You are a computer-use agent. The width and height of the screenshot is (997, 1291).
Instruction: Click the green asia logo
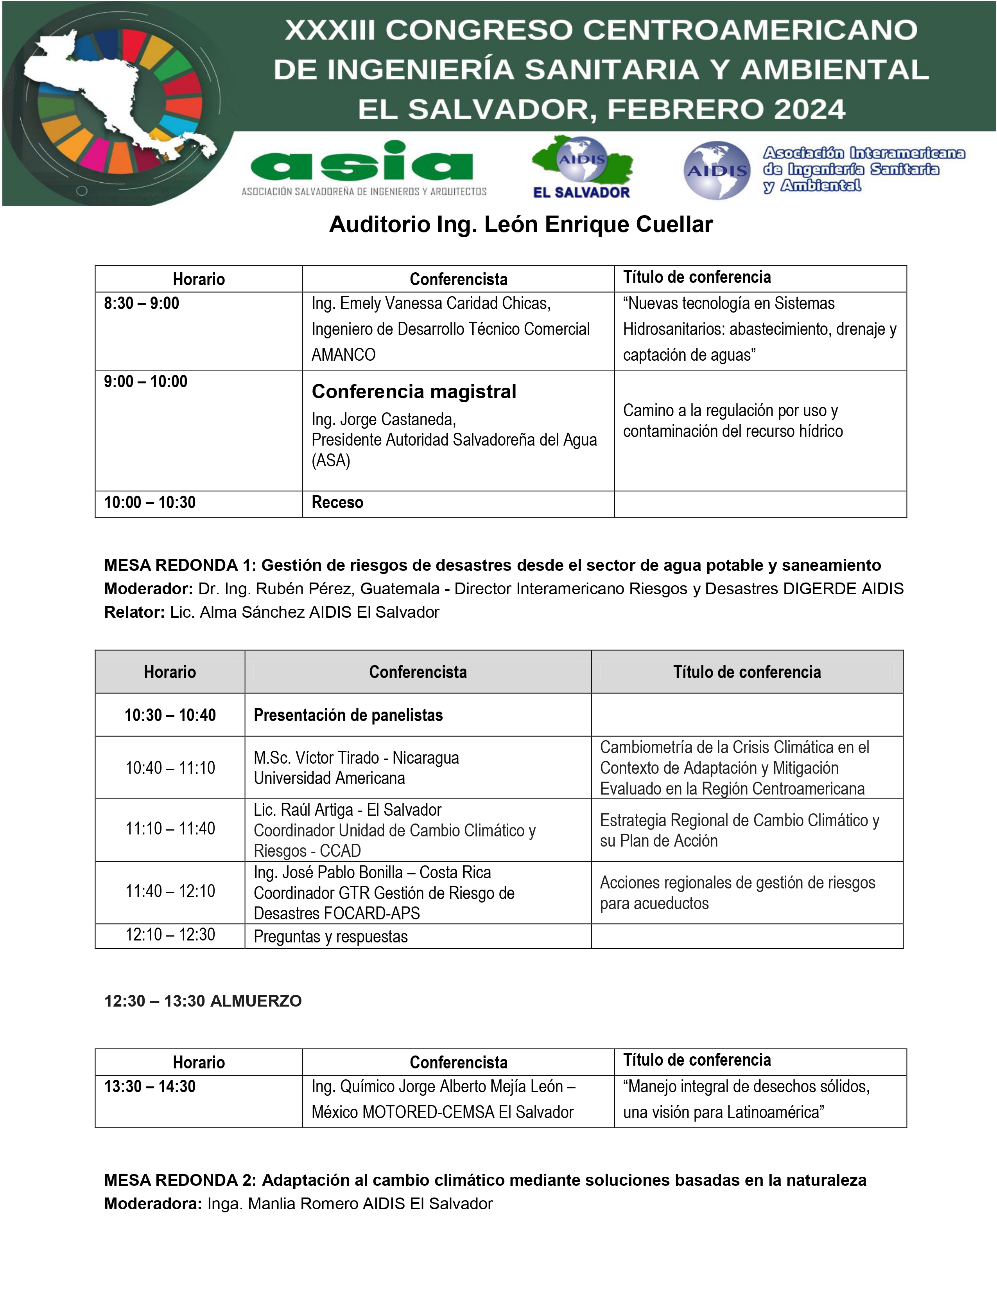tap(362, 162)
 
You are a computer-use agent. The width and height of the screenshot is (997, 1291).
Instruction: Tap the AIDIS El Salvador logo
tap(582, 167)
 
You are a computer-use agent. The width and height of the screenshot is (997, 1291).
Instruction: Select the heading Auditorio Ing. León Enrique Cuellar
tap(520, 225)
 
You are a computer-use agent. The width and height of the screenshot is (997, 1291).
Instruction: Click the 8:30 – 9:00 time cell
tap(142, 304)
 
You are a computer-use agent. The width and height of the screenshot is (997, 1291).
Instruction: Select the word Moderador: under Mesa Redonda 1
tap(148, 589)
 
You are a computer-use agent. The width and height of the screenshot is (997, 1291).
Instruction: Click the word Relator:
tap(134, 612)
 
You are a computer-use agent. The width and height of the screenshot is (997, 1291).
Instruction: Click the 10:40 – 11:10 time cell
tap(170, 768)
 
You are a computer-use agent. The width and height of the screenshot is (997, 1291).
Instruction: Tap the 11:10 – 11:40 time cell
tap(170, 829)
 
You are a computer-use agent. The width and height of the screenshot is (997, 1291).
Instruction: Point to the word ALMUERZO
tap(256, 1002)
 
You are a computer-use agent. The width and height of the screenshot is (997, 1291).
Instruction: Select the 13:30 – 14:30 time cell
tap(150, 1086)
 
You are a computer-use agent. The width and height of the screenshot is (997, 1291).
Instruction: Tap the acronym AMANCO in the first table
tap(343, 355)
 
